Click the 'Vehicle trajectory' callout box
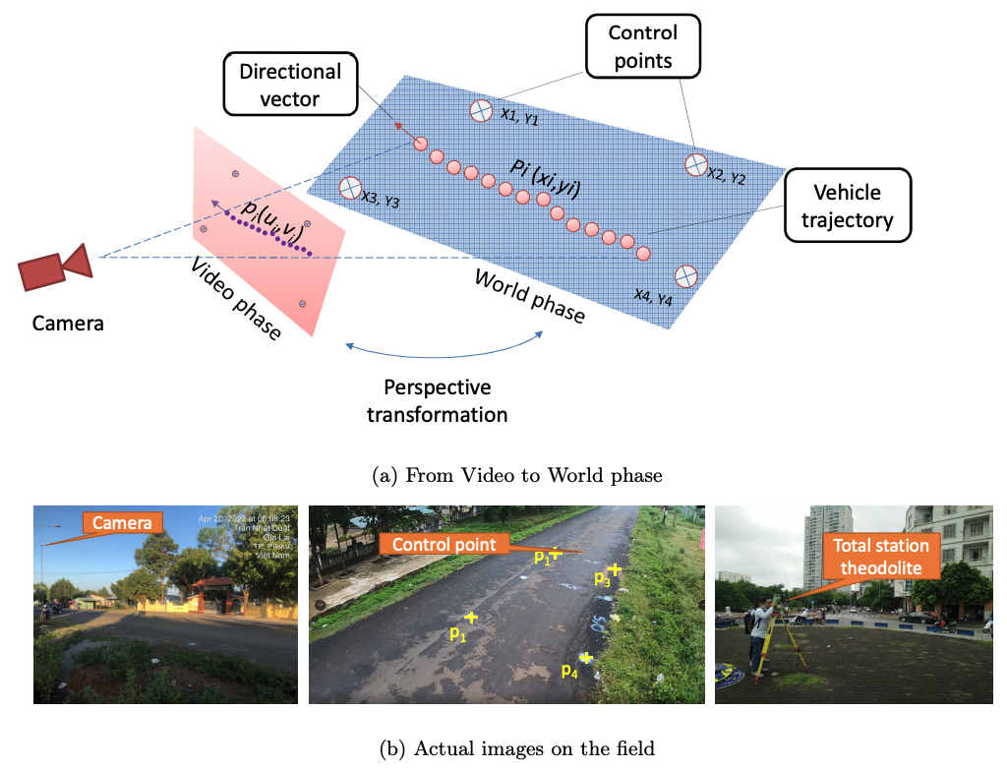(x=847, y=205)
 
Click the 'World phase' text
(x=529, y=295)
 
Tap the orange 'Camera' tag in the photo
(x=122, y=523)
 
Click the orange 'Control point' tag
(x=443, y=544)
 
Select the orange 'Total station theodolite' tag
(x=880, y=555)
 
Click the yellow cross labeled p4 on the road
(x=587, y=657)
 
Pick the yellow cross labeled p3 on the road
(x=616, y=569)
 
